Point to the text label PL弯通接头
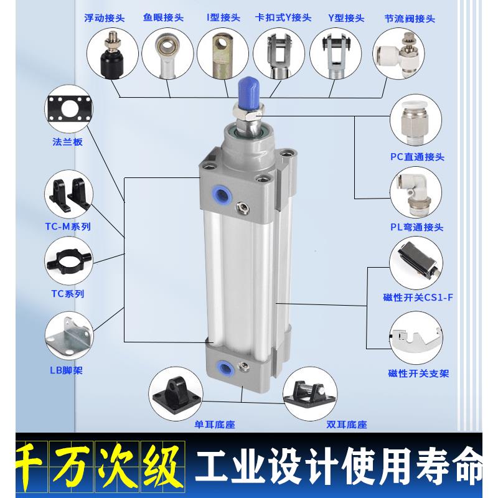(x=417, y=227)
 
